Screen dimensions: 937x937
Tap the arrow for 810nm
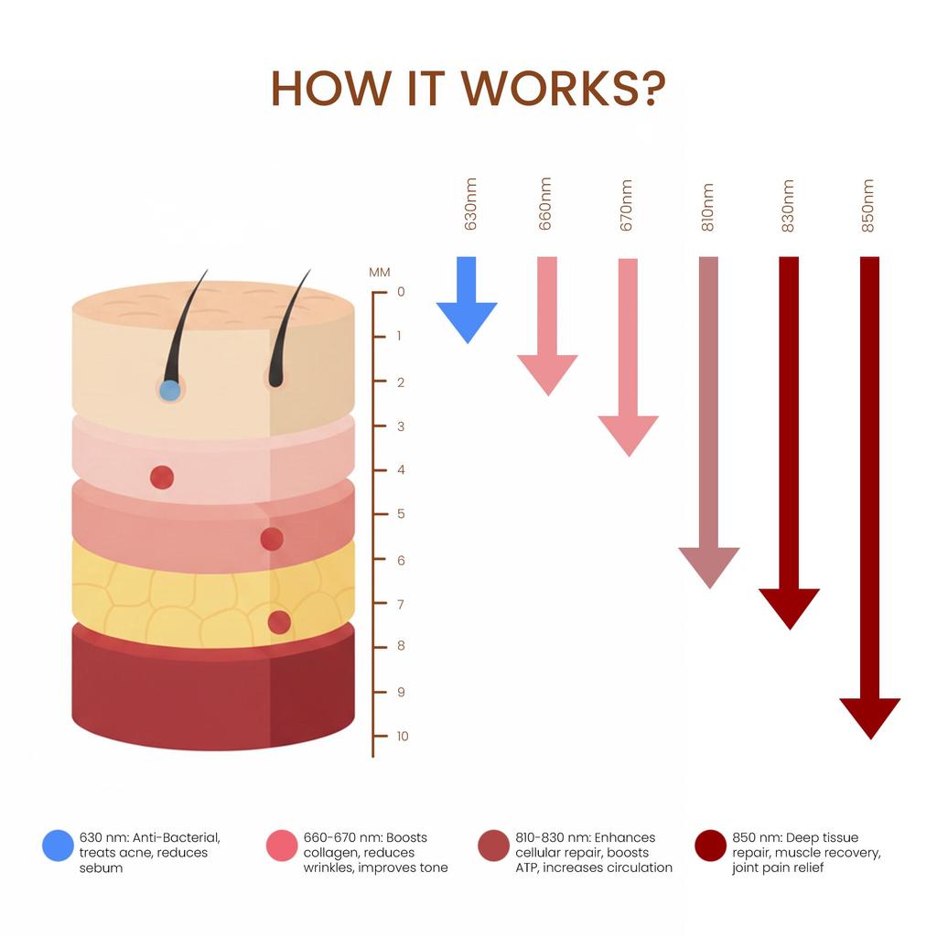pyautogui.click(x=708, y=421)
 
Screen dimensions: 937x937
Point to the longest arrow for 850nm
pyautogui.click(x=869, y=494)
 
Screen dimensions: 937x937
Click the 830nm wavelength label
pyautogui.click(x=789, y=205)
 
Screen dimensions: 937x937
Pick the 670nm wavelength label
pyautogui.click(x=627, y=205)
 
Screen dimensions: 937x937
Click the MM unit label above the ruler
pyautogui.click(x=380, y=272)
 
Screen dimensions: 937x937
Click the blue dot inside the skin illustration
pyautogui.click(x=169, y=391)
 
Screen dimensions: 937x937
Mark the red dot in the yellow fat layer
pyautogui.click(x=279, y=622)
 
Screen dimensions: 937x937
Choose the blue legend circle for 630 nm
pyautogui.click(x=58, y=845)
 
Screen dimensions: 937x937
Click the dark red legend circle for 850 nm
pyautogui.click(x=710, y=845)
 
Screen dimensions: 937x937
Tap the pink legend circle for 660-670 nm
pyautogui.click(x=282, y=845)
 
